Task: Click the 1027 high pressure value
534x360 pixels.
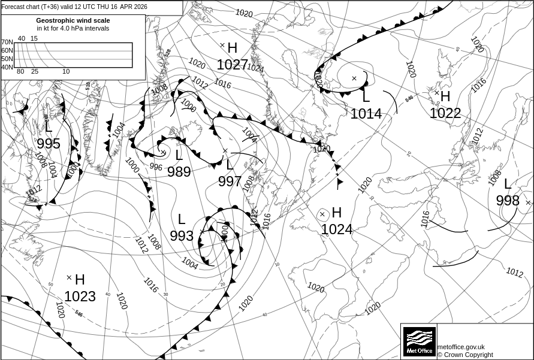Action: click(x=232, y=65)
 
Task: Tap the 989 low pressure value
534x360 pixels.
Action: click(x=179, y=173)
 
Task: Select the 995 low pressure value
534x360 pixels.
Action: click(x=49, y=144)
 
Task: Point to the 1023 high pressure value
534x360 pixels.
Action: click(x=80, y=297)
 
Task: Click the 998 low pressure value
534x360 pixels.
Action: click(x=508, y=201)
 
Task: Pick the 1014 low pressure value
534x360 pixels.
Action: click(x=366, y=113)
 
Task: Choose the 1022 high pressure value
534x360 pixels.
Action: click(x=445, y=113)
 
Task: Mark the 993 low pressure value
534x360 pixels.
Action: click(x=182, y=236)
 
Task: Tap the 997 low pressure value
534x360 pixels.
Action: click(x=230, y=181)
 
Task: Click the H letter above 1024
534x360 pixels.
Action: click(x=336, y=213)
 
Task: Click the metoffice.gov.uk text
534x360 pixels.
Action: click(x=461, y=347)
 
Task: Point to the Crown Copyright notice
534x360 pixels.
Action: click(x=465, y=355)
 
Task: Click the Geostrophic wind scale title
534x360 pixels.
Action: click(x=73, y=20)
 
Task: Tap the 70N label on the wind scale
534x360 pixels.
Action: click(x=7, y=42)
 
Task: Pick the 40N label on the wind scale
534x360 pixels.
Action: click(x=7, y=67)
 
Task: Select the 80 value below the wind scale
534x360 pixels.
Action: click(x=20, y=72)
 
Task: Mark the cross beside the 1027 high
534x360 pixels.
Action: click(x=222, y=45)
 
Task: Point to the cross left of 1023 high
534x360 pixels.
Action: click(x=69, y=277)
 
